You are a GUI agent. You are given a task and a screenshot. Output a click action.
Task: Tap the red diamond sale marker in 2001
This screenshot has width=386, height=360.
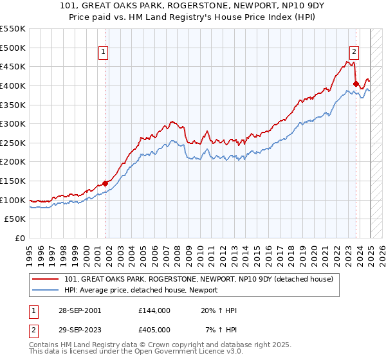[x=105, y=184]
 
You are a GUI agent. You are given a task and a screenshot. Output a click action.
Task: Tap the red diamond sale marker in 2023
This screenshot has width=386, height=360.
[x=356, y=83]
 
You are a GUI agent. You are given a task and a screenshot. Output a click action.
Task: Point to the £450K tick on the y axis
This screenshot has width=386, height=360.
[x=14, y=66]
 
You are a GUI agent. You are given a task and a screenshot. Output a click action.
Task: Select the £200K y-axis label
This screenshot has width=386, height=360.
[x=14, y=161]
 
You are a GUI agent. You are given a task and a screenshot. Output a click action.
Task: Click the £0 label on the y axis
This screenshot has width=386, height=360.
[x=19, y=238]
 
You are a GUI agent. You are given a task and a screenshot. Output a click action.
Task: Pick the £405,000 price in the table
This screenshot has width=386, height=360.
[x=154, y=329]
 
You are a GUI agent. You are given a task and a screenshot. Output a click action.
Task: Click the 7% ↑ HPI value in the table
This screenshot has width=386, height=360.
[x=219, y=329]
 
